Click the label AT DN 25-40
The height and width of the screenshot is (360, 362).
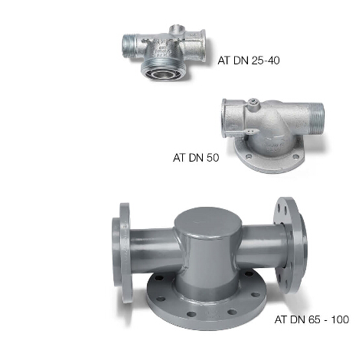pyautogui.click(x=249, y=61)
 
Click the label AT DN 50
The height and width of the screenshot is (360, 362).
pyautogui.click(x=196, y=158)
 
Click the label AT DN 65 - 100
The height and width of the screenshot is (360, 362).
pyautogui.click(x=311, y=319)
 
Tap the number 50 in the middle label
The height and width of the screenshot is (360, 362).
pyautogui.click(x=213, y=158)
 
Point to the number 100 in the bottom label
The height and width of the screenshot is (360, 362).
pyautogui.click(x=340, y=319)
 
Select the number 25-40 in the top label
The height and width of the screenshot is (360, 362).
pyautogui.click(x=266, y=61)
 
